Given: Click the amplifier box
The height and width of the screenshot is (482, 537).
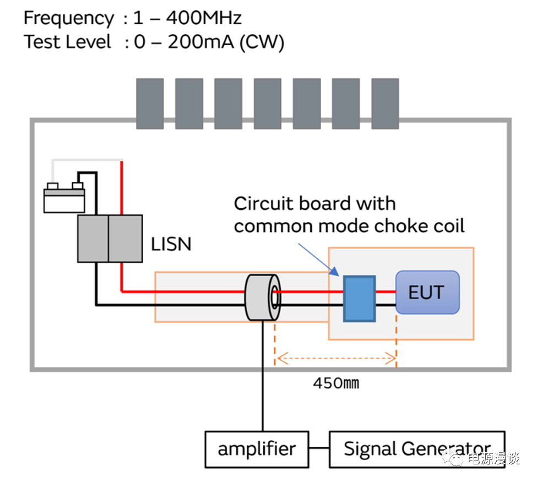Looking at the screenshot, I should (x=256, y=449).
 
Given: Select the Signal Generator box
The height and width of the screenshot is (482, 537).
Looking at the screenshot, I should (x=417, y=449).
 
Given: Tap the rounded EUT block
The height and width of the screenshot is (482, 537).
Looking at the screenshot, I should (x=427, y=293).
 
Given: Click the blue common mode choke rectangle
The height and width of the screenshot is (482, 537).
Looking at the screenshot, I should (x=359, y=298).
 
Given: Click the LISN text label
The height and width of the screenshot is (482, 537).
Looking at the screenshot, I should (x=171, y=243).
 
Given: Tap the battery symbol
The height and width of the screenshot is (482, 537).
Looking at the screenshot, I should (x=64, y=197).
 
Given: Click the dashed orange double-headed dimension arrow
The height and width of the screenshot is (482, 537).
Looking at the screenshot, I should (x=336, y=360).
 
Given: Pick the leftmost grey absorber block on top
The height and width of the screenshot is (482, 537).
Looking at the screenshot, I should (x=150, y=104).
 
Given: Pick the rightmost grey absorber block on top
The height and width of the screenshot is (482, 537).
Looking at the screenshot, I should (x=385, y=104).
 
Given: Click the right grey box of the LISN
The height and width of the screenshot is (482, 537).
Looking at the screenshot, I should (x=125, y=239).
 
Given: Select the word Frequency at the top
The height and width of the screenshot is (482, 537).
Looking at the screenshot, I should (x=69, y=18).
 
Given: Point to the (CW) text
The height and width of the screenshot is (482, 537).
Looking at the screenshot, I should (x=262, y=42).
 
